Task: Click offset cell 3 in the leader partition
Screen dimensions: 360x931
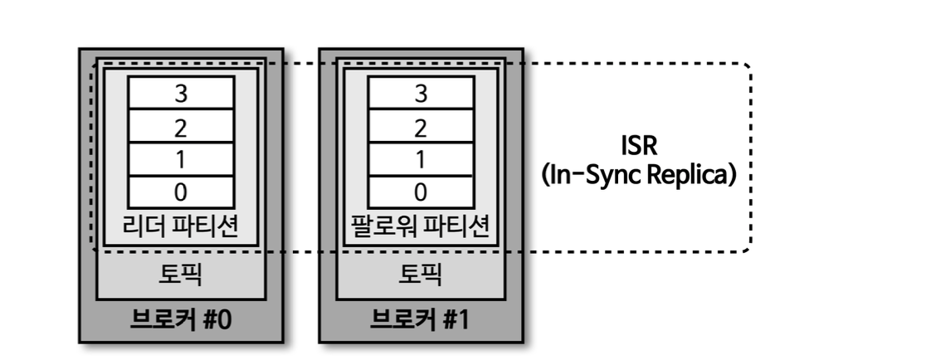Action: point(180,94)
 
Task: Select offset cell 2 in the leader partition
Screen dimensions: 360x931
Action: point(180,127)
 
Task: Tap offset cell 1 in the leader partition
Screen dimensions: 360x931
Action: point(180,159)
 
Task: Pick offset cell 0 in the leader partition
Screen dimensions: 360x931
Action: point(180,191)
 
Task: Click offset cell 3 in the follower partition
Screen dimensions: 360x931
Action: point(420,94)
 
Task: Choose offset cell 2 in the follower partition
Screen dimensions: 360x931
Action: point(420,127)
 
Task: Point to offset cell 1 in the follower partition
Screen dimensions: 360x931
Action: point(420,159)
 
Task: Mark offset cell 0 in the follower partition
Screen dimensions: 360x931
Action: point(420,191)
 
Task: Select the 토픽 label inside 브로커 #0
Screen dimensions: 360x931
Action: point(180,273)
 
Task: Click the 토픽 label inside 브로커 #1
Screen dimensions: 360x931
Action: point(420,273)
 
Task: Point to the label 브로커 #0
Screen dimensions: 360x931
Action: point(180,319)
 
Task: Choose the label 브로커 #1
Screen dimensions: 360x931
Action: point(420,319)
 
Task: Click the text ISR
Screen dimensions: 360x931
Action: point(640,147)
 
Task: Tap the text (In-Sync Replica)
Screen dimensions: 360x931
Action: point(639,177)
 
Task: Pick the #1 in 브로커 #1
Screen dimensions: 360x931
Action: point(455,319)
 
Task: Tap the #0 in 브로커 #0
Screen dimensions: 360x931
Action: point(216,319)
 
